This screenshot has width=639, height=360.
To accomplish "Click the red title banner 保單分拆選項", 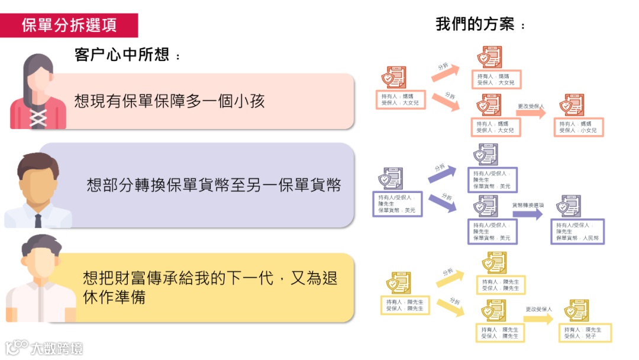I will [69, 25].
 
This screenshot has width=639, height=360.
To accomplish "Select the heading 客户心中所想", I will [127, 55].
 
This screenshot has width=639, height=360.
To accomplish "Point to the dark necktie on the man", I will [38, 220].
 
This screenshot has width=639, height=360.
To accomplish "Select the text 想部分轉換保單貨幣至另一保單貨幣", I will [214, 185].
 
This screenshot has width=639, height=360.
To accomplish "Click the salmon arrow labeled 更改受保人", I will [531, 113].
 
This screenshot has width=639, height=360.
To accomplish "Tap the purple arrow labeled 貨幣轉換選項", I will [527, 214].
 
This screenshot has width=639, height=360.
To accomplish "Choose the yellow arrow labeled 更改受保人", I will [538, 319].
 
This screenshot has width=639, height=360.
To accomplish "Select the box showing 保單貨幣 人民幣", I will [577, 232].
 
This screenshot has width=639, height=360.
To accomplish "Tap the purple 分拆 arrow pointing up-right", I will [442, 173].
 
